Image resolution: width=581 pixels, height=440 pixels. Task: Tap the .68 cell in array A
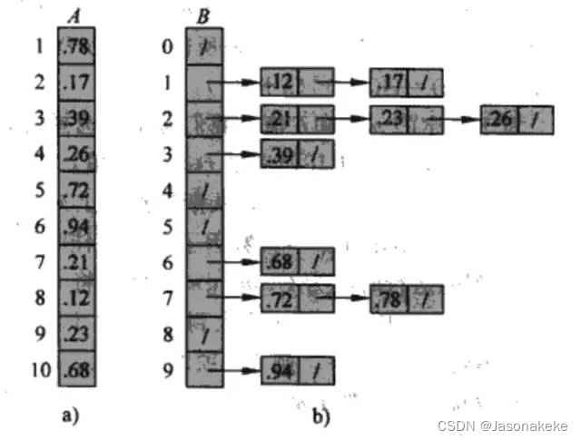click(78, 369)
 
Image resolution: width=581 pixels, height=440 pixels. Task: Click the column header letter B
click(202, 15)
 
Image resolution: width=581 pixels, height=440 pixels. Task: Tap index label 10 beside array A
click(39, 369)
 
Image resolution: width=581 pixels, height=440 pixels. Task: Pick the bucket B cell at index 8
click(203, 334)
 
